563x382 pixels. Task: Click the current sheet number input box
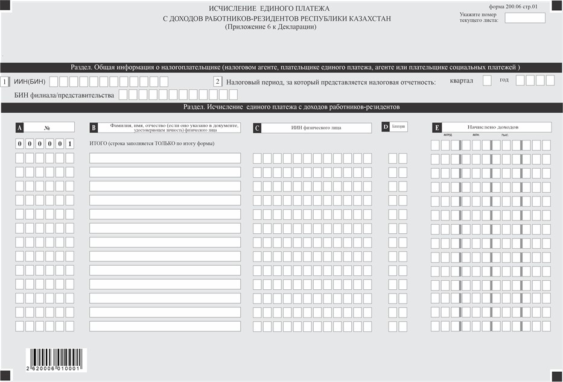(524, 18)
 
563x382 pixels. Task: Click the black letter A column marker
(19, 128)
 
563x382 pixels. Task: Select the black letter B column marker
(94, 128)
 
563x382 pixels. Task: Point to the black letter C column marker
(257, 128)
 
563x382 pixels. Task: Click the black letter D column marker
(386, 127)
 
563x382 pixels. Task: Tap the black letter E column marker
(436, 128)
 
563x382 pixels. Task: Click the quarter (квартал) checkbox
(487, 81)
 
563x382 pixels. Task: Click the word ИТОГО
(100, 144)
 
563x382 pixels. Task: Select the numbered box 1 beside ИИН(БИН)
(5, 81)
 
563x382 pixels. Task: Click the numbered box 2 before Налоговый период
(218, 81)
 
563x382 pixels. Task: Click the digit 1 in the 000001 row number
(70, 144)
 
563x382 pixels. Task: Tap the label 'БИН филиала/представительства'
(65, 95)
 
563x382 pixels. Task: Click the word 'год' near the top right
(504, 80)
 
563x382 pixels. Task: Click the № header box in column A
(48, 128)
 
